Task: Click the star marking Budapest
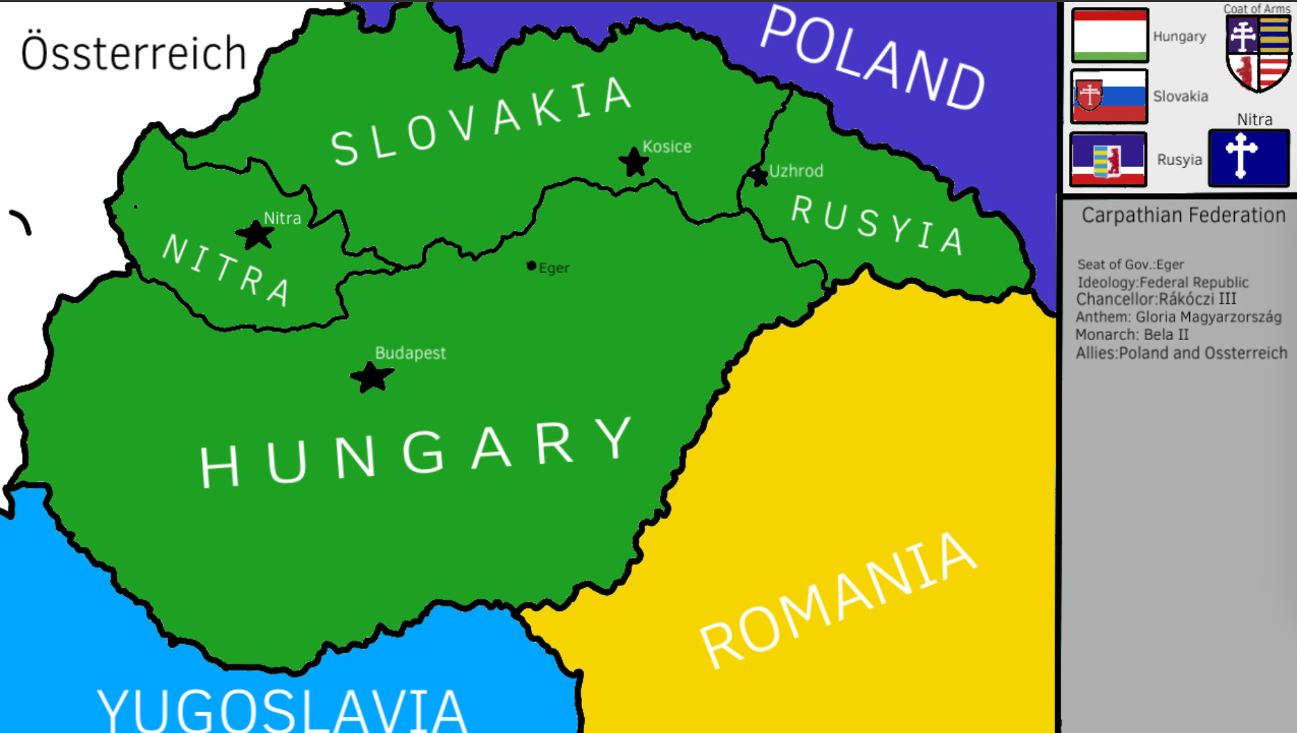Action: tap(371, 378)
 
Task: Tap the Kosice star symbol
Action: tap(634, 162)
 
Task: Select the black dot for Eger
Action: tap(532, 266)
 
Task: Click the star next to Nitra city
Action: tap(255, 235)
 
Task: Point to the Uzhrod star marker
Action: tap(758, 176)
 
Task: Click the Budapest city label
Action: tap(410, 353)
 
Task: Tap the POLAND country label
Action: tap(872, 59)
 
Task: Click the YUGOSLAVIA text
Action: tap(282, 710)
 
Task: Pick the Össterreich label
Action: tap(134, 53)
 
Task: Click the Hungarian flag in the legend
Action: tap(1110, 35)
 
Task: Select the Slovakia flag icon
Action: tap(1109, 97)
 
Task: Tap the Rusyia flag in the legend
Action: tap(1108, 159)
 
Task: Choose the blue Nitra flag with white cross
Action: tap(1248, 158)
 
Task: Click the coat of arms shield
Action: tap(1258, 53)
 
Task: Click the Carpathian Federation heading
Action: tap(1183, 215)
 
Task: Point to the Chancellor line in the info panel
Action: tap(1156, 299)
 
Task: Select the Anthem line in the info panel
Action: tap(1178, 317)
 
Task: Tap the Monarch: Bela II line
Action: tap(1131, 334)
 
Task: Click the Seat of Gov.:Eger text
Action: tap(1130, 264)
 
